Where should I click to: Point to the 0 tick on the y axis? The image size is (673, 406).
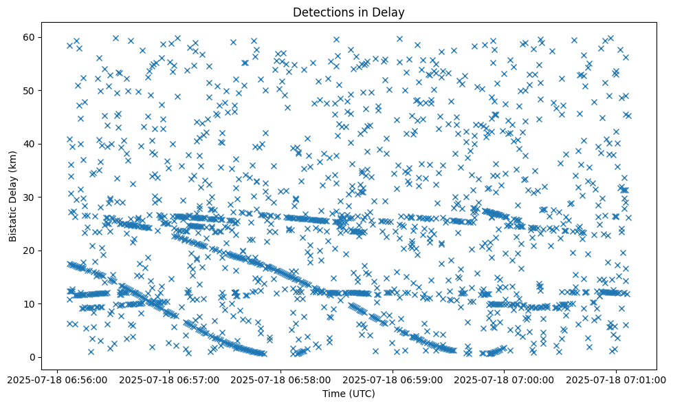pos(32,357)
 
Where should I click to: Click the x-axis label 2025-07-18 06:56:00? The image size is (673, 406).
pos(57,379)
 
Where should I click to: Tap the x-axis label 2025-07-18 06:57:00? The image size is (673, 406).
pos(168,379)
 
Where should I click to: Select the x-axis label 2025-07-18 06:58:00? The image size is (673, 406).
pos(280,379)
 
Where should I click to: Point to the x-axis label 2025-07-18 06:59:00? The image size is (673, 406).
pos(393,379)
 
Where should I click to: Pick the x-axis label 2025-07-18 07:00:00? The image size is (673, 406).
pos(504,379)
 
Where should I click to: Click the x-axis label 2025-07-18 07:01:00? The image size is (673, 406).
pos(616,379)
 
